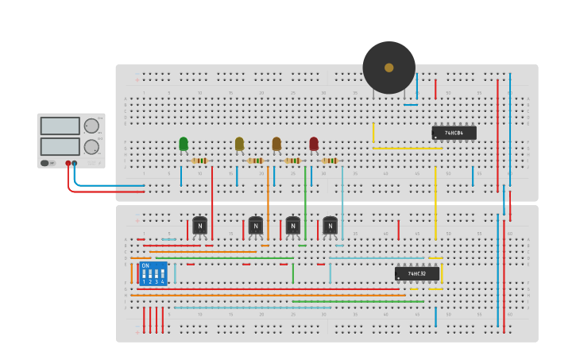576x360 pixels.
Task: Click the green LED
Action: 184,144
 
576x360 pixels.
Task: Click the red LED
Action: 314,144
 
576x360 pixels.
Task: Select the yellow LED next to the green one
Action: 239,144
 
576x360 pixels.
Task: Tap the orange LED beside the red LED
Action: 276,144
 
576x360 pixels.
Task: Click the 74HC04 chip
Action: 454,133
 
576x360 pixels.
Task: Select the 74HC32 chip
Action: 416,273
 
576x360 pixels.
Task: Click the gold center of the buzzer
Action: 389,68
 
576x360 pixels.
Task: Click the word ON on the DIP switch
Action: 145,265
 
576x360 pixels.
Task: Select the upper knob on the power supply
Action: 91,126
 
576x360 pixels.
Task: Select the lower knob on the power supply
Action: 91,146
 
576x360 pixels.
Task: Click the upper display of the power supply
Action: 60,126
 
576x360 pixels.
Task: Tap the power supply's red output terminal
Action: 68,163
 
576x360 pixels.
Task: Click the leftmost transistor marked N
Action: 199,226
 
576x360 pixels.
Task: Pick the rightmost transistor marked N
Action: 330,226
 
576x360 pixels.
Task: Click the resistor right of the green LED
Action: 200,161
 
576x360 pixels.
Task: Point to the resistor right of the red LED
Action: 330,161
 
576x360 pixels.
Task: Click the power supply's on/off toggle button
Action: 45,163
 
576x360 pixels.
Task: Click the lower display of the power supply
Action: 60,146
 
